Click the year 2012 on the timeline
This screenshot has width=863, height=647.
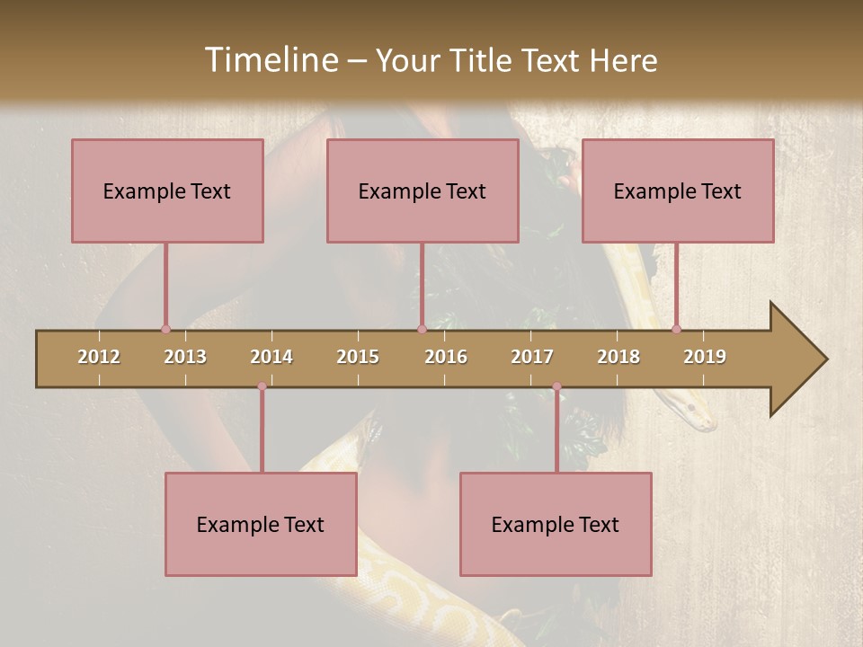click(99, 357)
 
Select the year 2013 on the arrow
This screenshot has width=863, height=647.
click(185, 357)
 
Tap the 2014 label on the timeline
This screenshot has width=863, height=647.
click(271, 357)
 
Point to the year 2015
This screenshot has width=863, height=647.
click(358, 357)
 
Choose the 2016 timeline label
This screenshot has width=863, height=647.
click(446, 357)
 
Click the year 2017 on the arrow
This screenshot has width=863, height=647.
click(532, 357)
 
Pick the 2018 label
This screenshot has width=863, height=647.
click(618, 357)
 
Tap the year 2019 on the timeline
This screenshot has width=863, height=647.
click(705, 357)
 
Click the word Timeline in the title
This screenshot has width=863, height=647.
click(270, 60)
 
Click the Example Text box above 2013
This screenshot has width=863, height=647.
click(167, 191)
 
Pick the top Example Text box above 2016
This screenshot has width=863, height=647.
click(423, 191)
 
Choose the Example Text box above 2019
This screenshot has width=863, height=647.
click(678, 191)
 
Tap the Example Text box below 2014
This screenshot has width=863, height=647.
click(261, 524)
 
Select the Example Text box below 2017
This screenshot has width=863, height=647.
click(556, 524)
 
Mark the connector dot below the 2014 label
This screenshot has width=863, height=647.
click(262, 386)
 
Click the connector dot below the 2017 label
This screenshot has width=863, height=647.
click(556, 386)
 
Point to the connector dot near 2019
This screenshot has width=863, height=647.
click(677, 329)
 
